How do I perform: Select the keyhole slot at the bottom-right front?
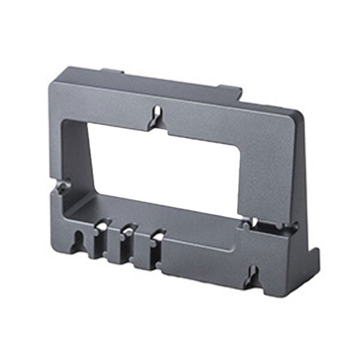point(253,277)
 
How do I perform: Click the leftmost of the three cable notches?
point(101,227)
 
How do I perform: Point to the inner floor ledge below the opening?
point(150,210)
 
